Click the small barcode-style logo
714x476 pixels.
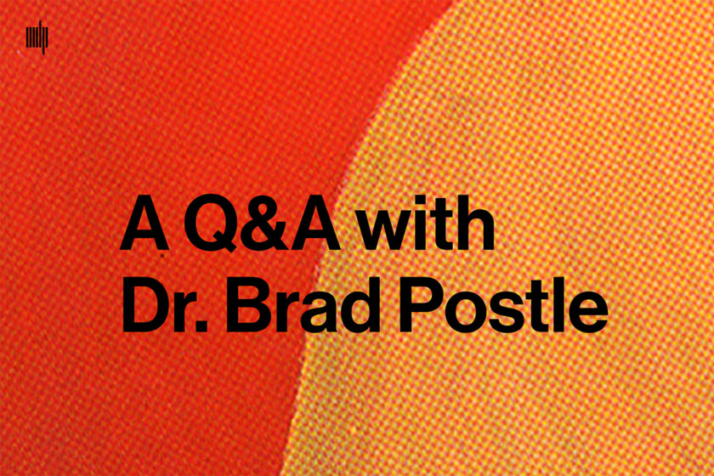pos(37,38)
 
